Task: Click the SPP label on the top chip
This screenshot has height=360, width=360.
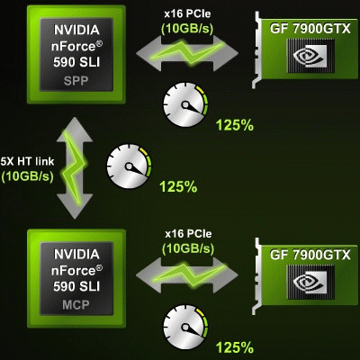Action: (x=76, y=81)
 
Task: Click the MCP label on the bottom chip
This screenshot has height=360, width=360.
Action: (x=76, y=305)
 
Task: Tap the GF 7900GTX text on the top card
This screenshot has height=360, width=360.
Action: (x=310, y=29)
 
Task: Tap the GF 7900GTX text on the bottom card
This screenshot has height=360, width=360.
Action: (x=310, y=255)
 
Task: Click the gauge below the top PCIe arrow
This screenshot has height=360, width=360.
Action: (x=185, y=105)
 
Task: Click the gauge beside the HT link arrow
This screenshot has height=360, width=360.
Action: (x=130, y=166)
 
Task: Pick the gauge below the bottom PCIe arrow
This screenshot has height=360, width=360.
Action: (x=185, y=327)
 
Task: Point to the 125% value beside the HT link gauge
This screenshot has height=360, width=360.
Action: (x=178, y=186)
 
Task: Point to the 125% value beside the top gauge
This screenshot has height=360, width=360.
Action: (x=235, y=125)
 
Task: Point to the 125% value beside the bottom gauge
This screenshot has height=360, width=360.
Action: (x=235, y=347)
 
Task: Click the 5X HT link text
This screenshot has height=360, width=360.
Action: (x=27, y=161)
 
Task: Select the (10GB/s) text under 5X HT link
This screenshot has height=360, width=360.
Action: (x=28, y=176)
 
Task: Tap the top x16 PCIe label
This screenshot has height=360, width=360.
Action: (x=187, y=13)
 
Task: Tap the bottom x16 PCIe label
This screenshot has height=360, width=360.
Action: (x=188, y=234)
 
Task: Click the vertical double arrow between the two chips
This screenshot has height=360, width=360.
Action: (x=75, y=168)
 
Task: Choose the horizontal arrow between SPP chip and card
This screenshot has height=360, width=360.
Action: (x=187, y=53)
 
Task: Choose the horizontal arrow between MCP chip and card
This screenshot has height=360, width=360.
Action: (x=187, y=274)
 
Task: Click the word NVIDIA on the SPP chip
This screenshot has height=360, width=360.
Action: (x=76, y=30)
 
